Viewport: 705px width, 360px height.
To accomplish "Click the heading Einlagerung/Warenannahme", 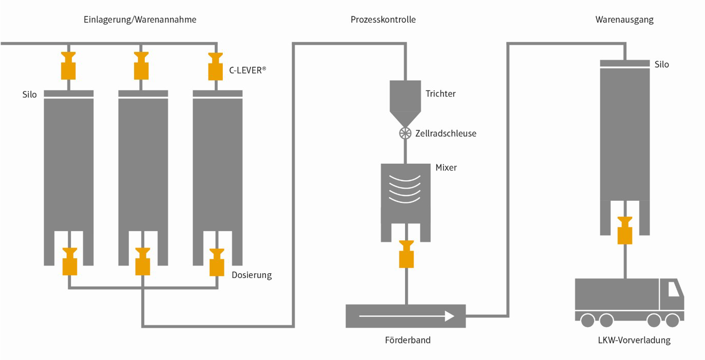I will [140, 20].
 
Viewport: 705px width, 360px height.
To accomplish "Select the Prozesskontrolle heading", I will [383, 20].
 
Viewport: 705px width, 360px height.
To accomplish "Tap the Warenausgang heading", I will [624, 20].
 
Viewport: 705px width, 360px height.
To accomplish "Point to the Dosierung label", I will [252, 275].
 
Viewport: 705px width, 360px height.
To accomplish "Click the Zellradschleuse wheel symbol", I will [406, 134].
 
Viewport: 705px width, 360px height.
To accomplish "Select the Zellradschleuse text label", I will [446, 134].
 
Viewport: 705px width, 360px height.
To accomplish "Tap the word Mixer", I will [446, 167].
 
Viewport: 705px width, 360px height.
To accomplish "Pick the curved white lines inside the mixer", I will [406, 188].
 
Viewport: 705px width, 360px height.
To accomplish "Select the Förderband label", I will [408, 340].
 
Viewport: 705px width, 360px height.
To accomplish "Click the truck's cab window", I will [673, 290].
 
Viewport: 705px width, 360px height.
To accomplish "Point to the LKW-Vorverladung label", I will [634, 340].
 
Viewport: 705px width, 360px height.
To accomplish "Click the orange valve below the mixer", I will [406, 254].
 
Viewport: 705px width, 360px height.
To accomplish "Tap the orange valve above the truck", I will [625, 230].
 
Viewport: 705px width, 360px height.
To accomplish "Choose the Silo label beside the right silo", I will [662, 65].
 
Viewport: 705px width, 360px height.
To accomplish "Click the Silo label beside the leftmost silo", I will [30, 95].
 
